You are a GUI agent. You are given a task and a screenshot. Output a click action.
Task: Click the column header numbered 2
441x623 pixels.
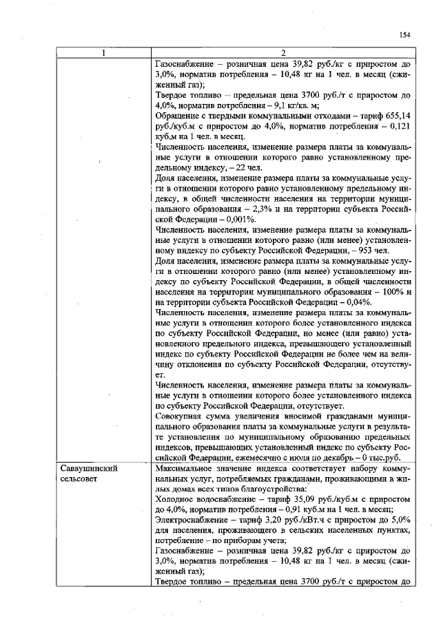tap(283, 53)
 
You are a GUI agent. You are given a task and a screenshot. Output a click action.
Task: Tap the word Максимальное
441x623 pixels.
tap(188, 467)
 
